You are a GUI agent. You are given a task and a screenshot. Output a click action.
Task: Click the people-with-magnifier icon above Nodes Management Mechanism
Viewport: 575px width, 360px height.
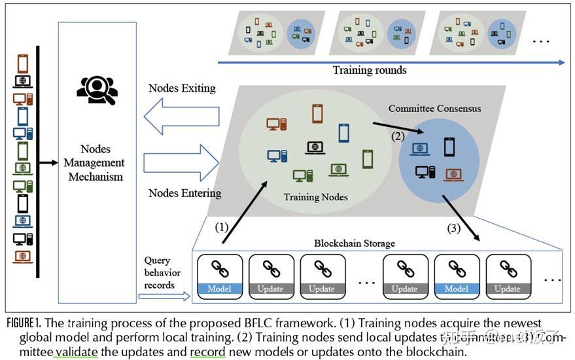pos(97,91)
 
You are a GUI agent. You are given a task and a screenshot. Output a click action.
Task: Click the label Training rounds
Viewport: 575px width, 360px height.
pos(370,71)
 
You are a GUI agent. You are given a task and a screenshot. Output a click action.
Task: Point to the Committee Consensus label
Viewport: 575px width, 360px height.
pos(434,108)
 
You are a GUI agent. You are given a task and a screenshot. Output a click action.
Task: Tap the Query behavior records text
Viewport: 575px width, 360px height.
pos(162,273)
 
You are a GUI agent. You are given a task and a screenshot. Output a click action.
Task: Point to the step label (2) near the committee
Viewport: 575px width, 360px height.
pos(398,137)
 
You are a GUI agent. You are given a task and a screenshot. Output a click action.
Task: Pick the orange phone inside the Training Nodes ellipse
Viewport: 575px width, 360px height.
pos(317,114)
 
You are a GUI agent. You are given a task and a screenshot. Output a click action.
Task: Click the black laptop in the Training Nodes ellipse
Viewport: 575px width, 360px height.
pos(316,148)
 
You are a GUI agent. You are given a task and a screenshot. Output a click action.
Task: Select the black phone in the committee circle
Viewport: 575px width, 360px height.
pos(449,147)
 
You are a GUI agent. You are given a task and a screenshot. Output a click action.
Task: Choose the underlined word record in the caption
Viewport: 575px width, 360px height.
pos(207,352)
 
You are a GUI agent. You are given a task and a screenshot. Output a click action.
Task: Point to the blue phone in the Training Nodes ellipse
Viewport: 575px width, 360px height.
pos(343,133)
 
